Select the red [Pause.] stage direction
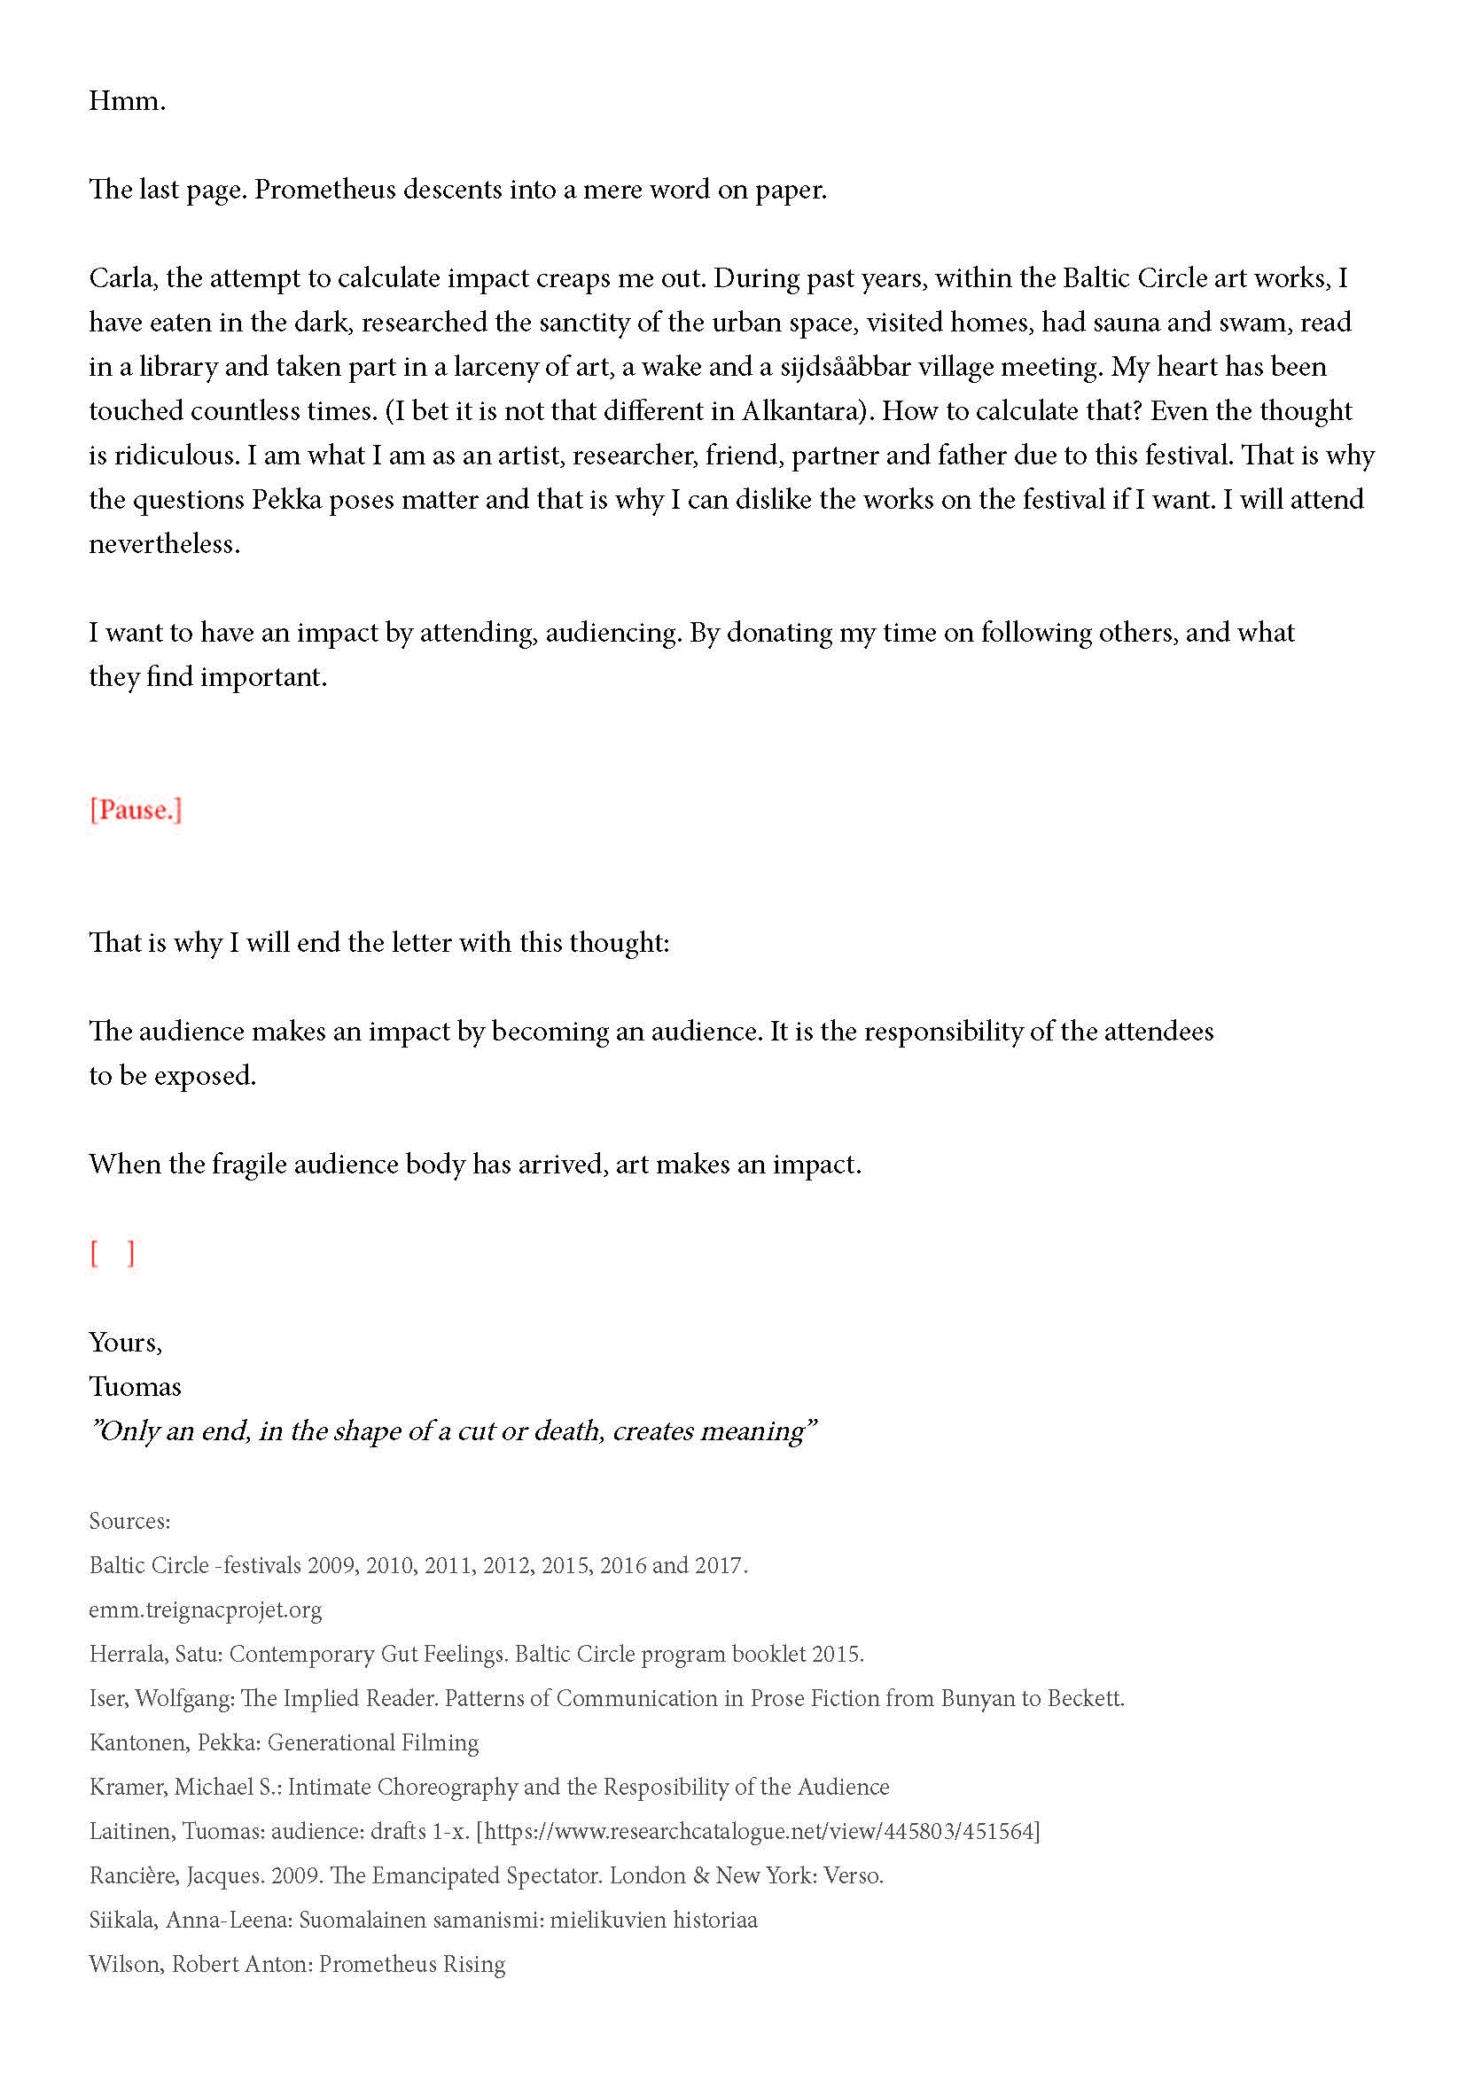click(136, 810)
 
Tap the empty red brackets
click(112, 1253)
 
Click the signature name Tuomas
click(135, 1386)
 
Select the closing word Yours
click(125, 1342)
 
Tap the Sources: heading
click(129, 1522)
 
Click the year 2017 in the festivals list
click(719, 1565)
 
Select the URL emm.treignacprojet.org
click(205, 1609)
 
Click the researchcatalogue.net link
click(759, 1831)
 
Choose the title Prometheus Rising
click(411, 1965)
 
